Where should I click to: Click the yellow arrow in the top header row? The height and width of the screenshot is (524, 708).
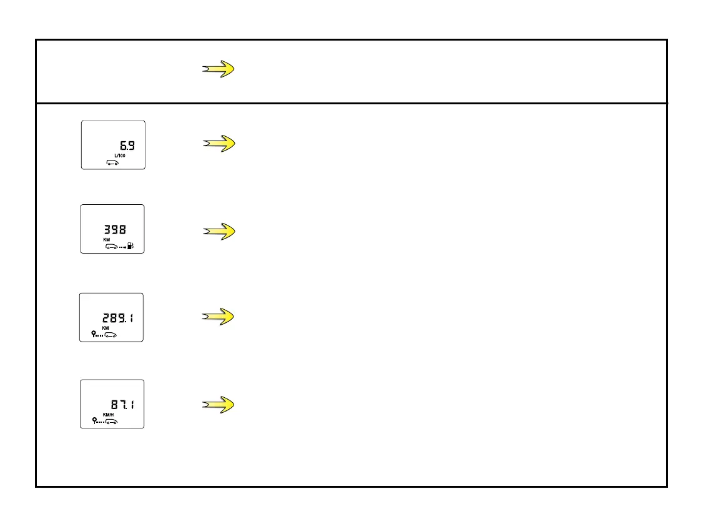tap(219, 70)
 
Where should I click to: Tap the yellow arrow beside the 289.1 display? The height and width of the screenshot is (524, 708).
tap(219, 317)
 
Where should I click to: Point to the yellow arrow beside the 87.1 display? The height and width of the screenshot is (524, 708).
tap(219, 405)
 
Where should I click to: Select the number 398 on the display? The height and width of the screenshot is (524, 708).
tap(114, 229)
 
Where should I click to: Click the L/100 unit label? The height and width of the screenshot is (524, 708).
tap(119, 155)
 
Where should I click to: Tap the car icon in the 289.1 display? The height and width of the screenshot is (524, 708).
tap(111, 335)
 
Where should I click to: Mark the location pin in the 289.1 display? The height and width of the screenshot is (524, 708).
tap(94, 334)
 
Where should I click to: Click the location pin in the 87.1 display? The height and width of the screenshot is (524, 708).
tap(94, 420)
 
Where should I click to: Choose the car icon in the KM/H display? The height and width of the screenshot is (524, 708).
tap(111, 422)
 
